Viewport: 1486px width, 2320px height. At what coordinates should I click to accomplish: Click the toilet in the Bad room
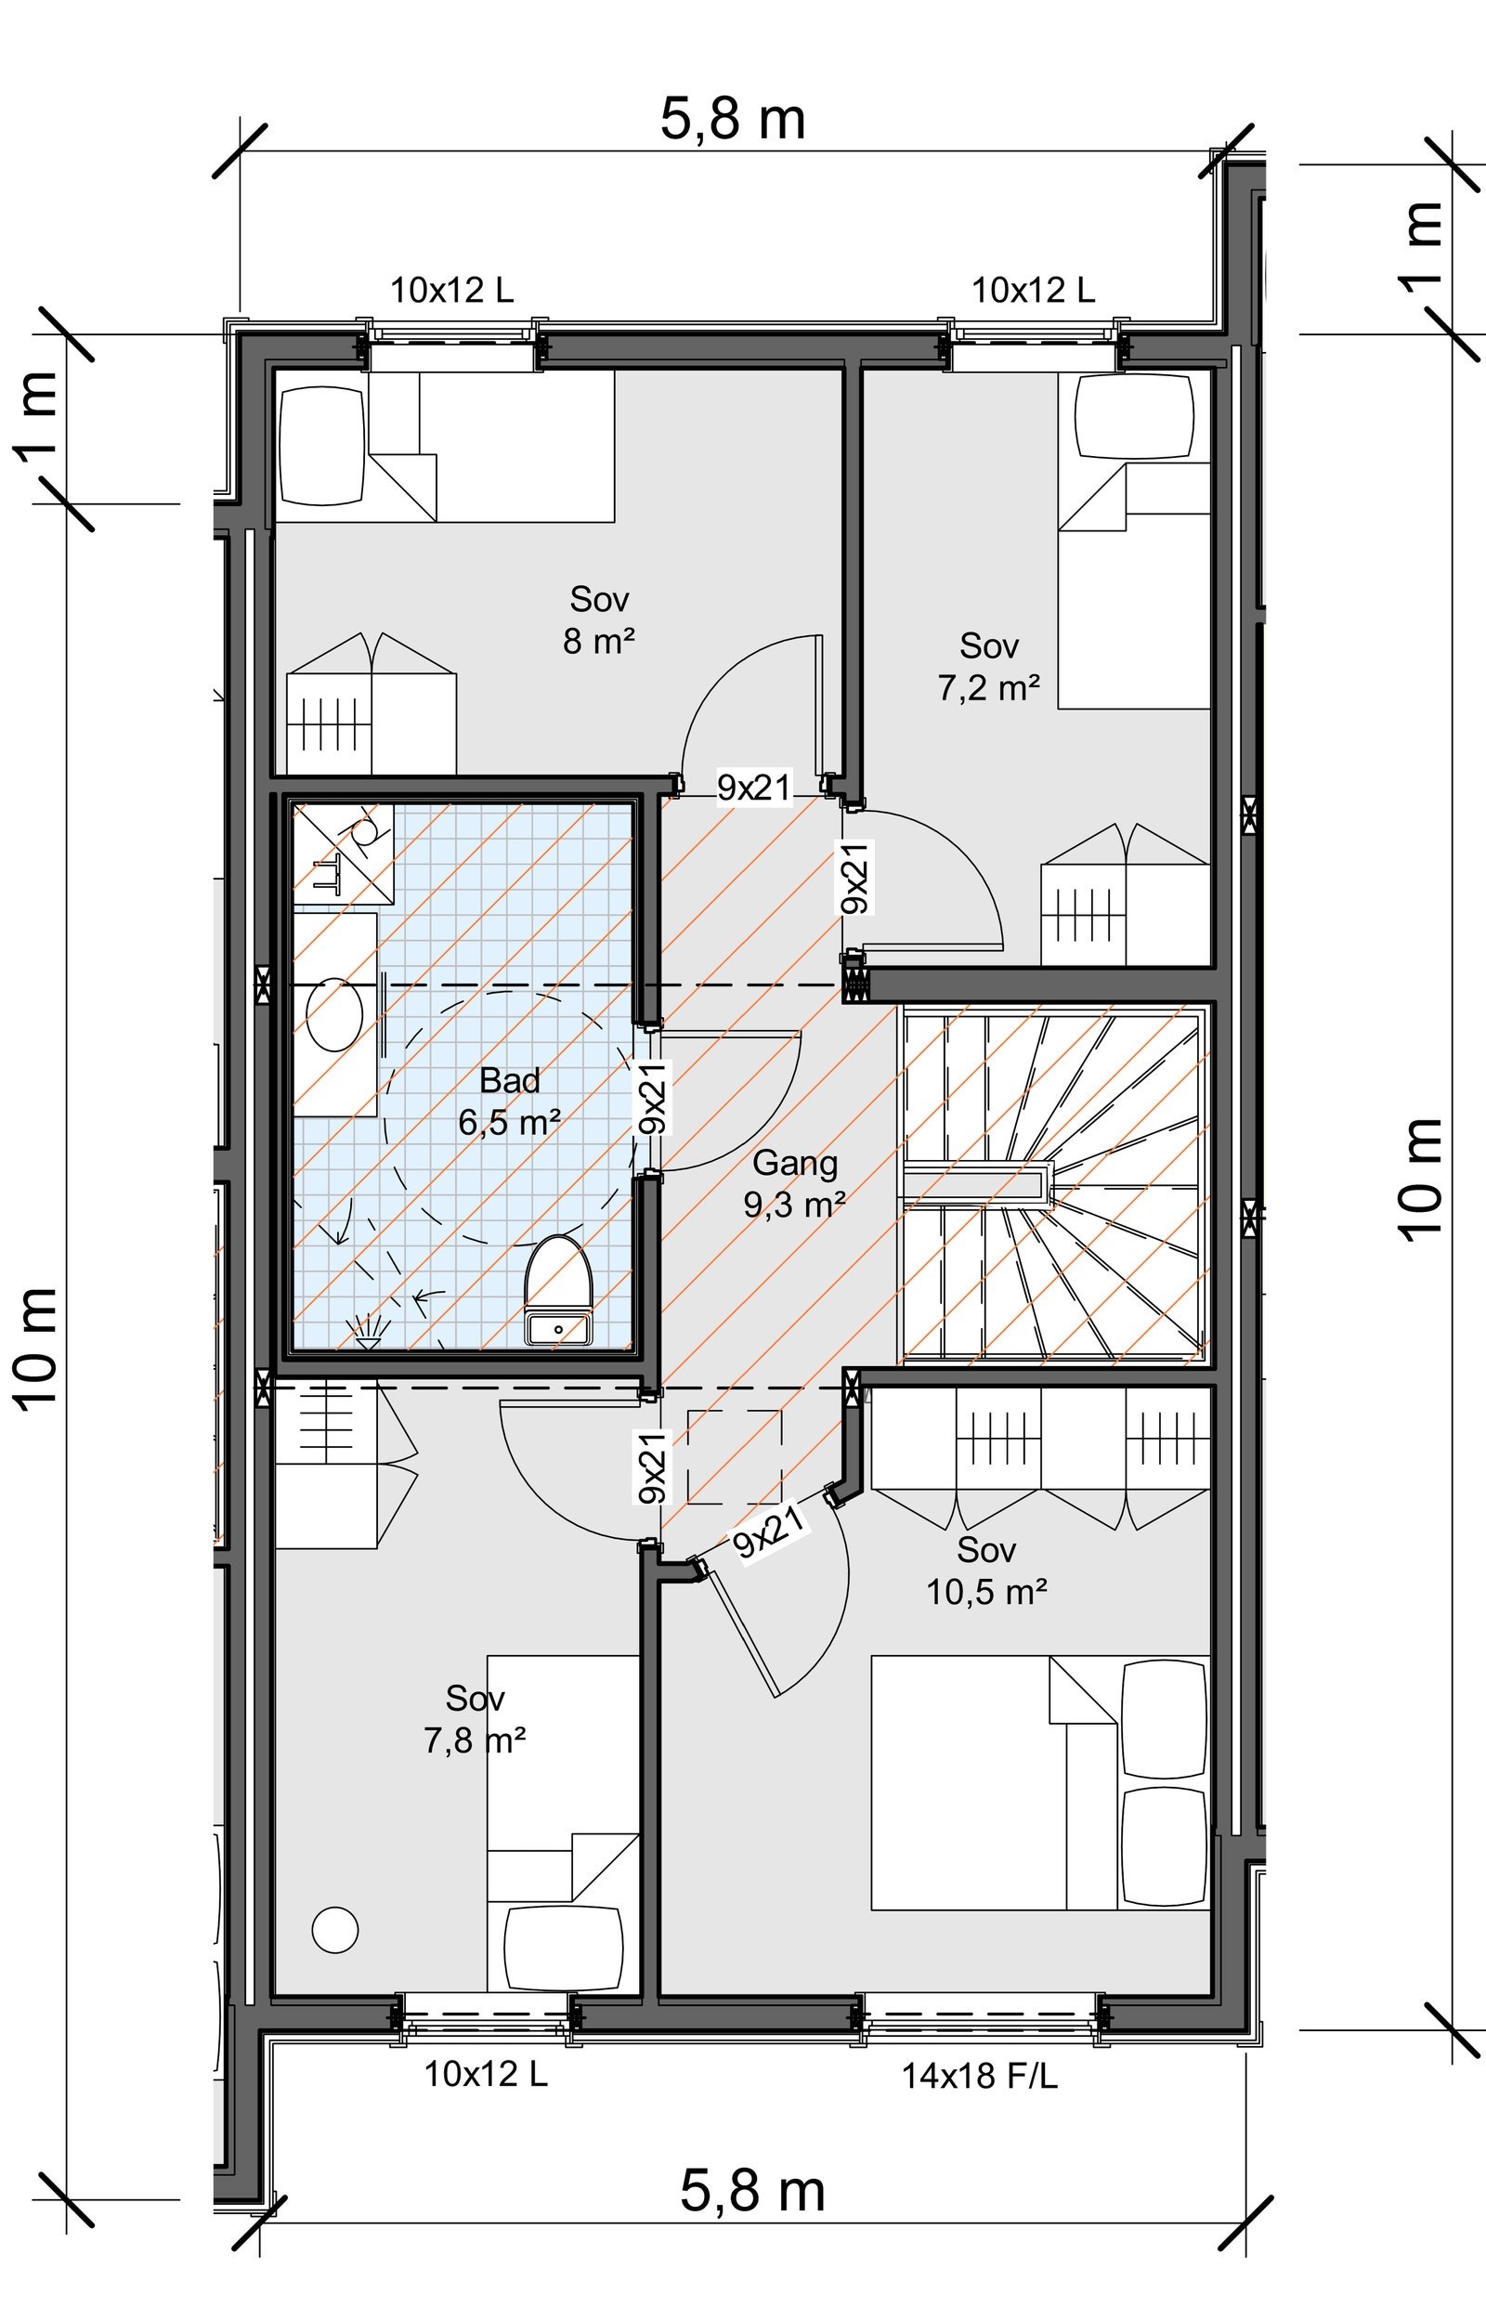point(558,1289)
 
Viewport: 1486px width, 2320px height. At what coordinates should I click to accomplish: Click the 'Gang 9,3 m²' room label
point(795,1182)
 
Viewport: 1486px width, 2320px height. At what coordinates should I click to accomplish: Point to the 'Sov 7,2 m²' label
point(989,666)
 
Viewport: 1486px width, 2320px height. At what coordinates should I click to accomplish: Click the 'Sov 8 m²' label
point(599,619)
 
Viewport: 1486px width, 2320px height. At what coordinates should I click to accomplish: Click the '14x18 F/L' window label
point(980,2076)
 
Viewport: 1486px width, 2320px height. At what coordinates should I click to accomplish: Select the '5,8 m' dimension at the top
point(733,120)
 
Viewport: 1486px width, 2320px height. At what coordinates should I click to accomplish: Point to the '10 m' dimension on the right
point(1421,1179)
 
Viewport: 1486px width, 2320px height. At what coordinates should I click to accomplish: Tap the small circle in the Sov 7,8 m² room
point(335,1930)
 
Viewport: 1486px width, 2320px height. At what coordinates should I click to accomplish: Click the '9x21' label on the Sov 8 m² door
point(753,788)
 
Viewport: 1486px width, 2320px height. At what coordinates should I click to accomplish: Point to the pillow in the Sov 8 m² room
point(321,443)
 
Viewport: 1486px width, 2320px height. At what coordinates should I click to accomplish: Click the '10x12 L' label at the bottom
point(486,2074)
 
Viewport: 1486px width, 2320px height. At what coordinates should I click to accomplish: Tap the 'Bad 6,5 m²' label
point(510,1101)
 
